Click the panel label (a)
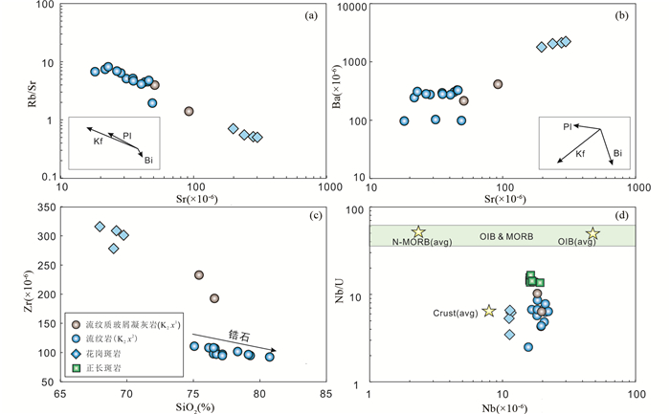(x=311, y=15)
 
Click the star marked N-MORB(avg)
(x=418, y=232)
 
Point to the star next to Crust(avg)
(x=489, y=311)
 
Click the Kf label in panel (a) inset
(x=98, y=142)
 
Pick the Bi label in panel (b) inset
(x=617, y=152)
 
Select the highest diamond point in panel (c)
(x=100, y=227)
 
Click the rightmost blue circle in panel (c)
(x=270, y=357)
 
